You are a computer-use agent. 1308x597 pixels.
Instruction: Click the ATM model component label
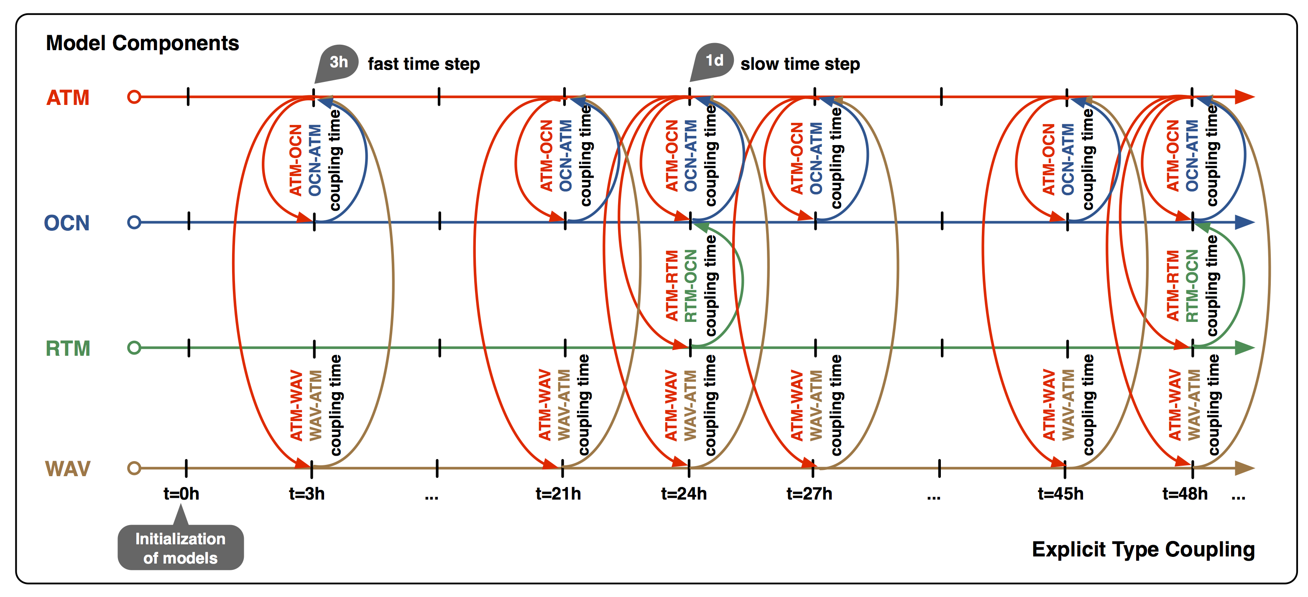(68, 97)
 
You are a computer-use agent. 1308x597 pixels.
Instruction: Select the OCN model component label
(66, 223)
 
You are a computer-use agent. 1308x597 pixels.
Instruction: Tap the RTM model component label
(68, 349)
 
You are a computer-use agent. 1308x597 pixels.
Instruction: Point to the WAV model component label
(68, 469)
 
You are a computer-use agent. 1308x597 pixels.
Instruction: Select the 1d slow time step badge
(713, 61)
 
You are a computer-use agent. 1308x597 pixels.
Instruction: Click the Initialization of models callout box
(181, 547)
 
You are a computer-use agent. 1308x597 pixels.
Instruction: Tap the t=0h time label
(181, 493)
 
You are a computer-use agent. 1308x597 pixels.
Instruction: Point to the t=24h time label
(684, 493)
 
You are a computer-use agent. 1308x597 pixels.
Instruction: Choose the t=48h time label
(1185, 493)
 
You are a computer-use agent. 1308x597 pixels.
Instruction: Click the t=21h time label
(558, 493)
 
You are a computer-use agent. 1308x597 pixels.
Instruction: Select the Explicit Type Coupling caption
(1144, 550)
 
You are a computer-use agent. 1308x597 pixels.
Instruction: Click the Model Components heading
(143, 43)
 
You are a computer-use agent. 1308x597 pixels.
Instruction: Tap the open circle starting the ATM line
(134, 97)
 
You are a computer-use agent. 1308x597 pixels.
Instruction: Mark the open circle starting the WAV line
(134, 468)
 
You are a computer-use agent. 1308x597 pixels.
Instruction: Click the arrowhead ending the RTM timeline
(1244, 348)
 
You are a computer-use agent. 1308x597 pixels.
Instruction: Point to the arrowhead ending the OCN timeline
(1244, 222)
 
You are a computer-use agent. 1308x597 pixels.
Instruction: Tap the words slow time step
(800, 64)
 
